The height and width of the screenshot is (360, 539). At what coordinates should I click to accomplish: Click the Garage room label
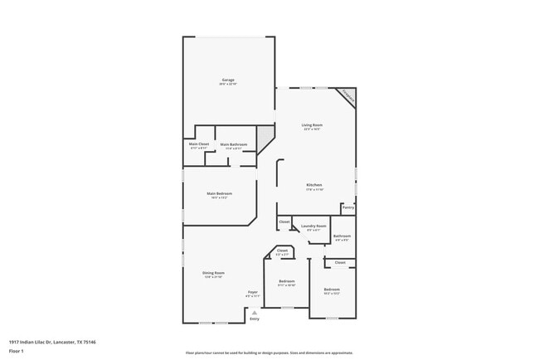pos(228,80)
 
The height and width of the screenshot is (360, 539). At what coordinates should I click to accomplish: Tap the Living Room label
pos(312,125)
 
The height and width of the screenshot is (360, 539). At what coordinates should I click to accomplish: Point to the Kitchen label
pos(314,185)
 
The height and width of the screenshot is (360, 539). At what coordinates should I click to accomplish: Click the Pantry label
pos(347,207)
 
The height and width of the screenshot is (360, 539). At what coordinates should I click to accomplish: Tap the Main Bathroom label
pos(233,144)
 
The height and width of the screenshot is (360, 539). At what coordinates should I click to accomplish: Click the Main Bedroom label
pos(219,194)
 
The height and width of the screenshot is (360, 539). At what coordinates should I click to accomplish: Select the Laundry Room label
pos(313,226)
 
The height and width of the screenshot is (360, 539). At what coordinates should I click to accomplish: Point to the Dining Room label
pos(214,273)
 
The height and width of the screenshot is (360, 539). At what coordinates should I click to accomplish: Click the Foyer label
pos(253,292)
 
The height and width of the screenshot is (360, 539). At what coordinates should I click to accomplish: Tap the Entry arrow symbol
pos(254,313)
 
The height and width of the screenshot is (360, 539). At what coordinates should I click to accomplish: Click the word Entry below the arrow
pos(254,319)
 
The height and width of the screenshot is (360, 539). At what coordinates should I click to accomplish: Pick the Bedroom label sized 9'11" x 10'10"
pos(287,281)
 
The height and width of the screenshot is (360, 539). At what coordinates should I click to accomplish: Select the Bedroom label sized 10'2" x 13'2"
pos(332,289)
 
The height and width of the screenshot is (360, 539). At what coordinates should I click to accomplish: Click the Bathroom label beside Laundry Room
pos(342,236)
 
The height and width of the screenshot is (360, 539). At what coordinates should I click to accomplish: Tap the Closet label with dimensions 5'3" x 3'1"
pos(282,251)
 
